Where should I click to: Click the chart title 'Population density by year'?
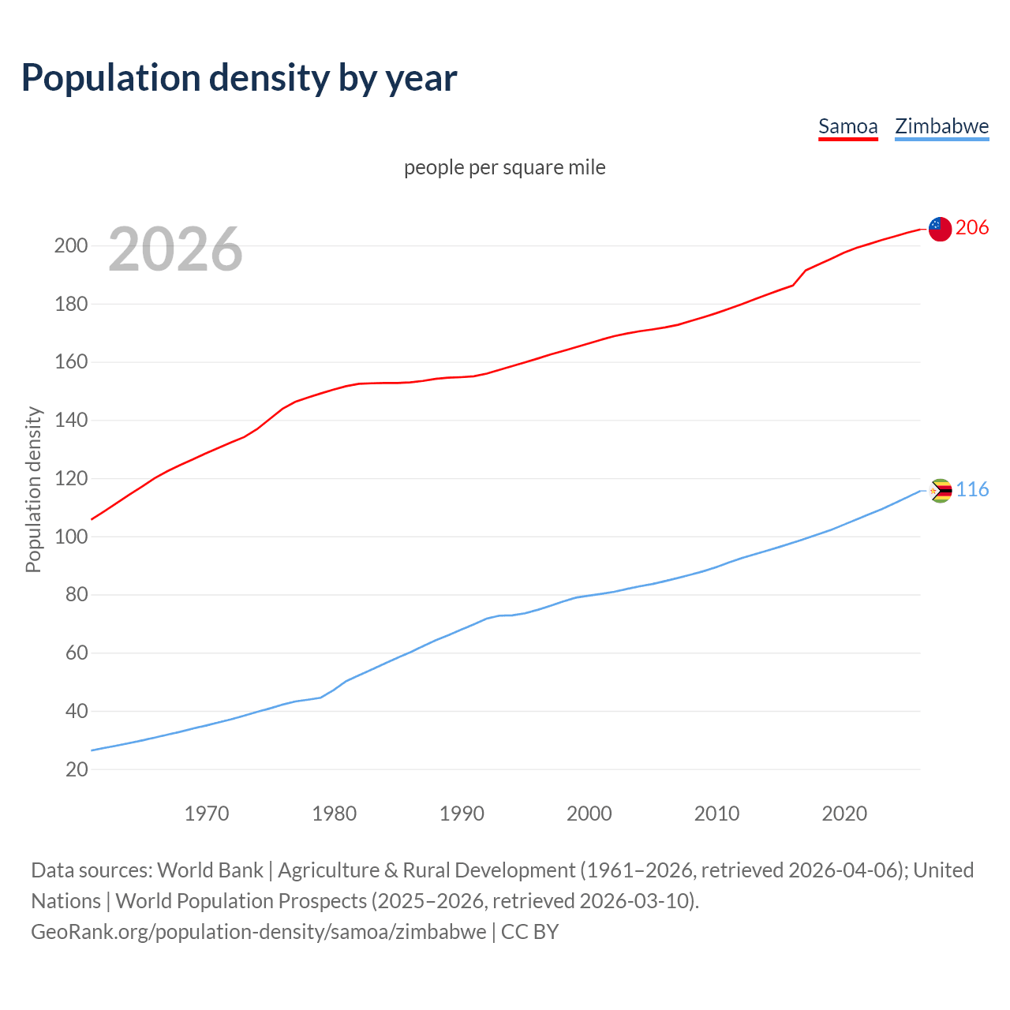(x=239, y=77)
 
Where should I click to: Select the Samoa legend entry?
(x=847, y=126)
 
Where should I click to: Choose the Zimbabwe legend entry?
(x=941, y=126)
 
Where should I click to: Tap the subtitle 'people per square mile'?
(x=504, y=167)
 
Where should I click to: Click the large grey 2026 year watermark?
(x=175, y=249)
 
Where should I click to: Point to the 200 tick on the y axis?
(x=70, y=245)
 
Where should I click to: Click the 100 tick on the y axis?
(x=70, y=537)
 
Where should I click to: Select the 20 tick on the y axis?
(x=76, y=769)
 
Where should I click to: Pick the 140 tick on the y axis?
(x=70, y=421)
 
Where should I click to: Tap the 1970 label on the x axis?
(x=207, y=814)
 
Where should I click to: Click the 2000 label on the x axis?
(x=589, y=814)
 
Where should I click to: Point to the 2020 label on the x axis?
(x=844, y=814)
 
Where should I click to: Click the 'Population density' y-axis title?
(x=33, y=489)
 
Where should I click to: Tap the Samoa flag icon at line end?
(x=940, y=229)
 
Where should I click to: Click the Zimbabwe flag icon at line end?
(x=941, y=491)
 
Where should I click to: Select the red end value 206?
(x=972, y=227)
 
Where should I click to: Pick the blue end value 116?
(x=972, y=490)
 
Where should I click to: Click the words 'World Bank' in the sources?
(x=210, y=870)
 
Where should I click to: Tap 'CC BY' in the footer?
(x=529, y=932)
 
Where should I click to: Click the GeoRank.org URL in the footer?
(x=259, y=932)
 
